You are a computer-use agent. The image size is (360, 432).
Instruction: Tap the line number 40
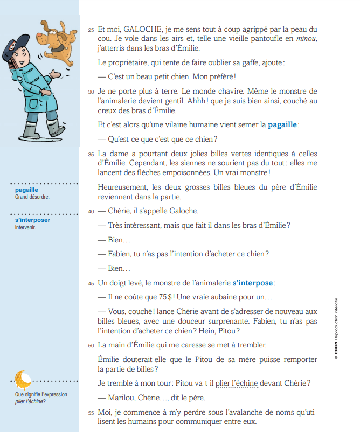(91, 212)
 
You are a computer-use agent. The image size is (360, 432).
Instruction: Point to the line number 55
(91, 413)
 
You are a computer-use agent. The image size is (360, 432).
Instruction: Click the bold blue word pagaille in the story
(282, 125)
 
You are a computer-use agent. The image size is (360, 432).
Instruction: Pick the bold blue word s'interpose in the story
(252, 282)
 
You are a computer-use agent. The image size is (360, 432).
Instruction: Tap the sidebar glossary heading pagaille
(26, 190)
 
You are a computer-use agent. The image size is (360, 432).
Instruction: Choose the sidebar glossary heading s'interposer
(32, 220)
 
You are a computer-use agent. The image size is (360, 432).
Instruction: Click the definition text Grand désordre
(32, 197)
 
